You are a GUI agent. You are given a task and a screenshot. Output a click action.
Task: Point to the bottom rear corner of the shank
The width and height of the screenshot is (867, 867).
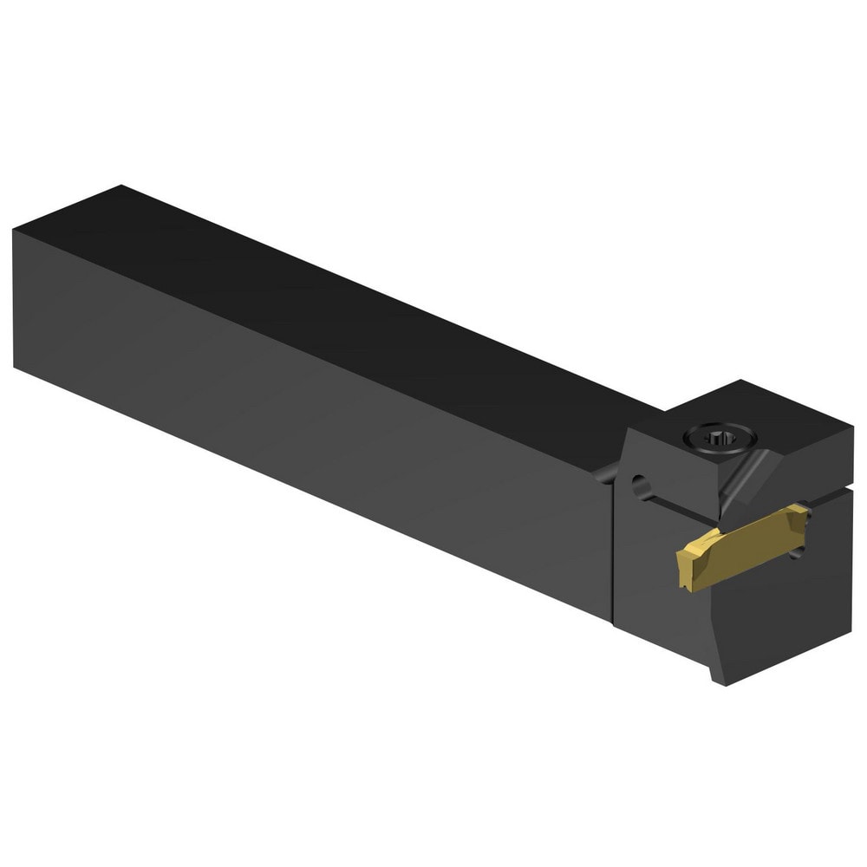[x=16, y=367]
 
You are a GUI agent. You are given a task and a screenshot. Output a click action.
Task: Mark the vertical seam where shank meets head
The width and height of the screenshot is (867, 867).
[x=613, y=546]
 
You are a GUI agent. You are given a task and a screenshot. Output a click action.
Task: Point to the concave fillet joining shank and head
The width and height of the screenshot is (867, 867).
[x=607, y=473]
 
